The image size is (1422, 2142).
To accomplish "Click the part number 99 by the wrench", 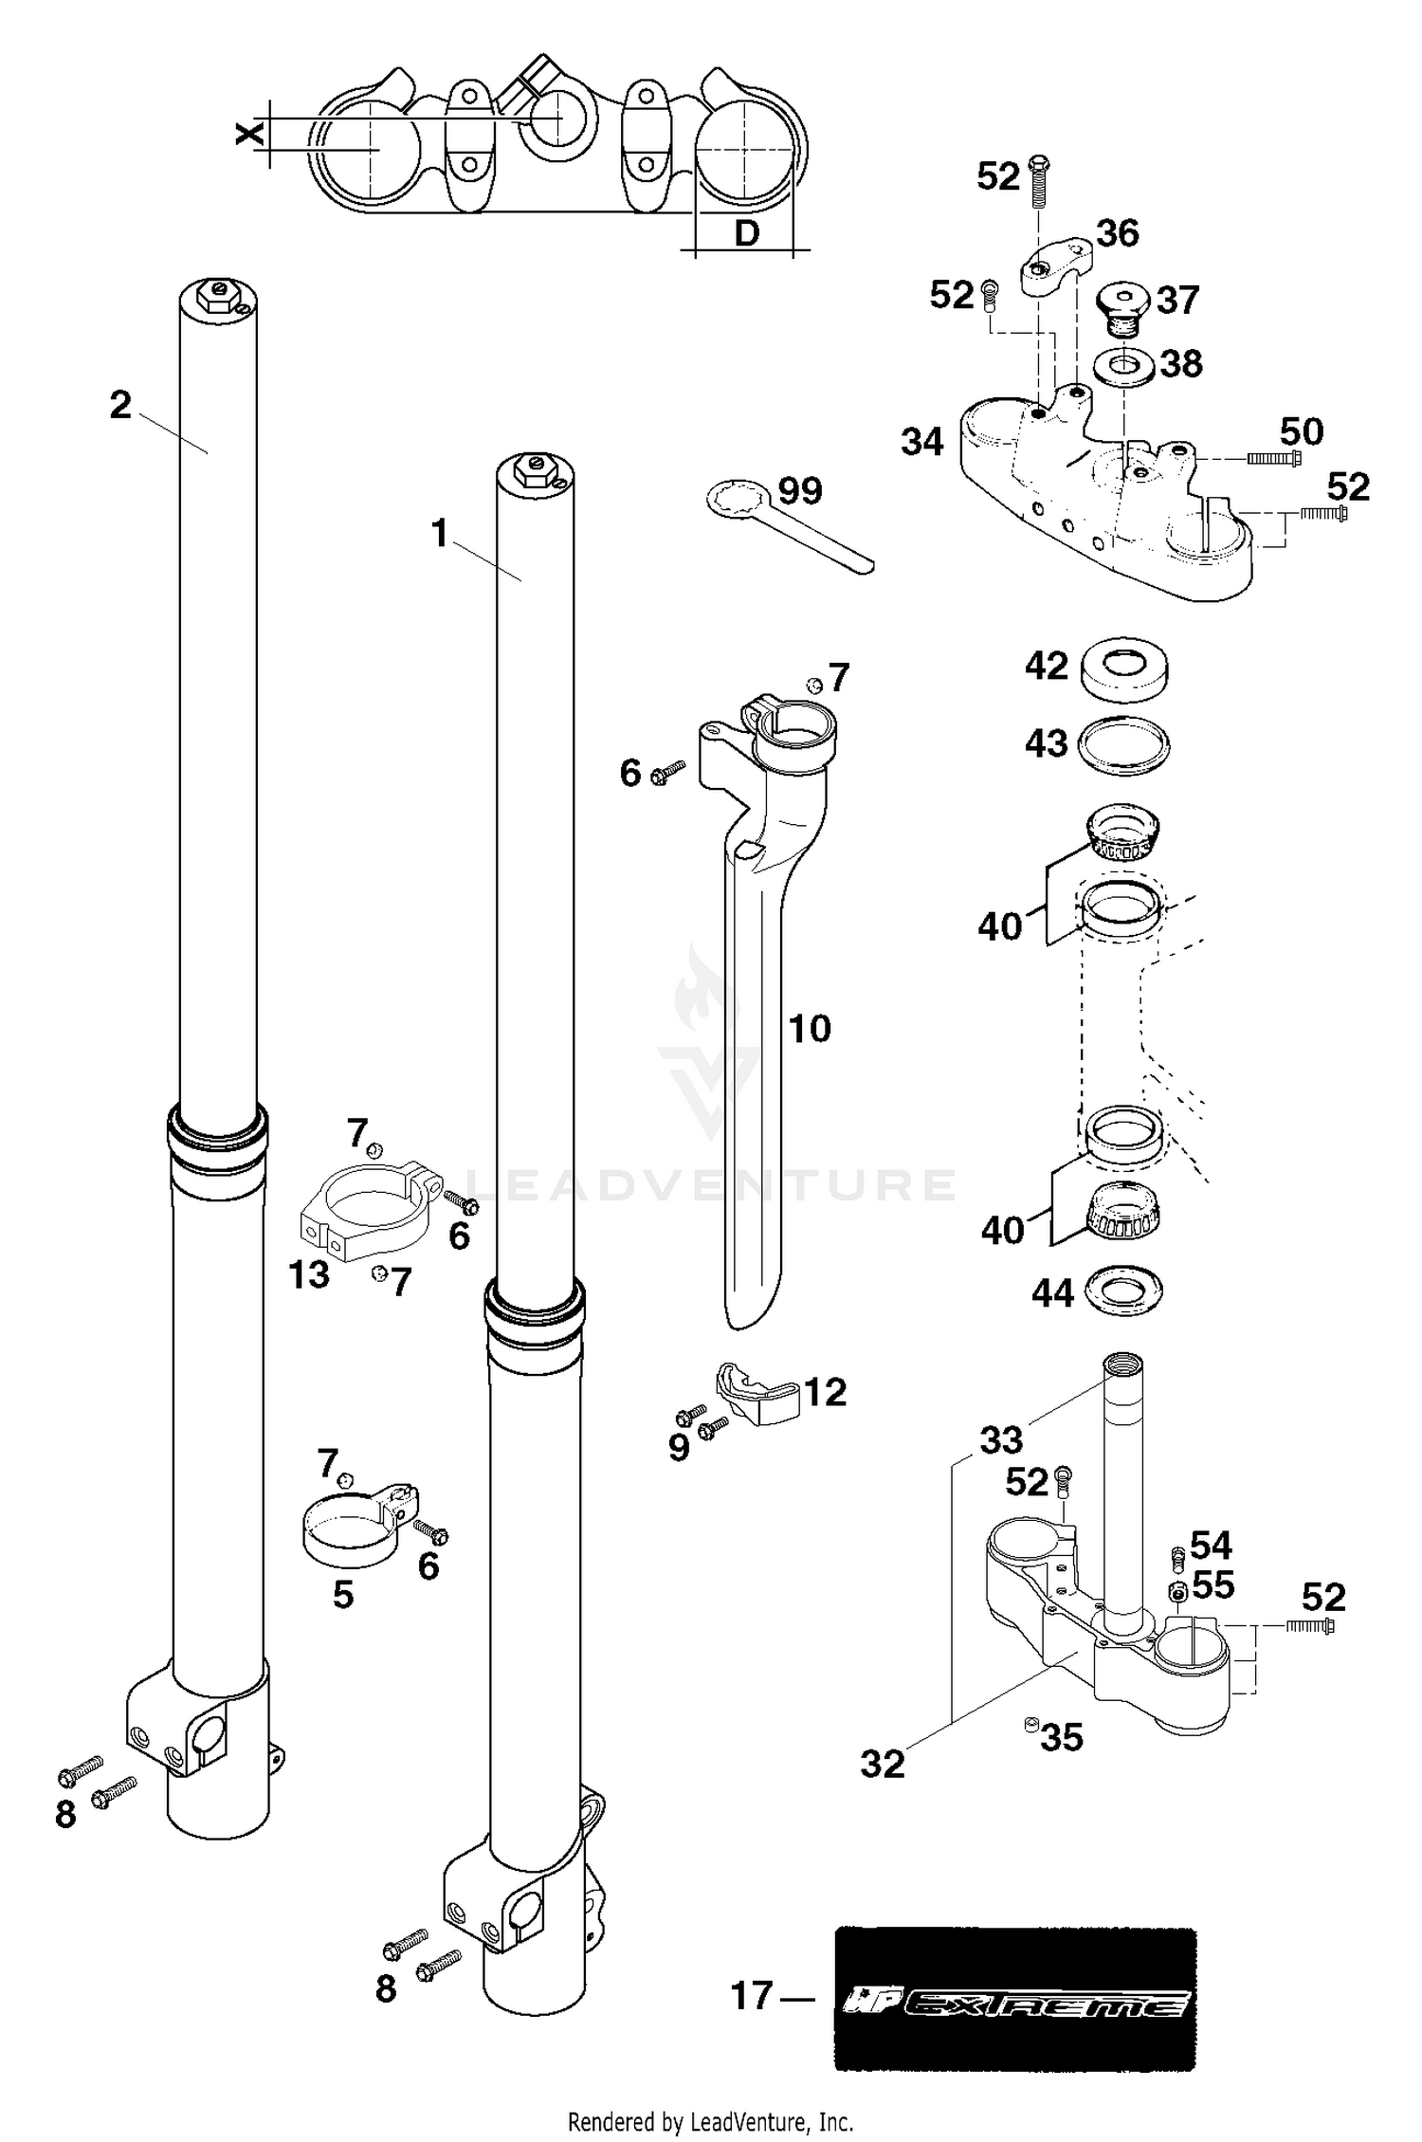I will (800, 490).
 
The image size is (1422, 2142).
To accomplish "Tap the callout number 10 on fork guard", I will (810, 1029).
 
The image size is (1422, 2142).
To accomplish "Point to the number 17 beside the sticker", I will (752, 1996).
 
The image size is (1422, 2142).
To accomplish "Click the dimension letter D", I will (747, 232).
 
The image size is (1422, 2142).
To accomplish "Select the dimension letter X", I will (249, 135).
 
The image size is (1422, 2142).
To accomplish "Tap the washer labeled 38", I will (1124, 364).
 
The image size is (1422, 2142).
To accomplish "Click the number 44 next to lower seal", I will (1052, 1292).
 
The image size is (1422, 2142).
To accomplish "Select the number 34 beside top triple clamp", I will (922, 442).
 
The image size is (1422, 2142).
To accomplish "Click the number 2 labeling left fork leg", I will (120, 405).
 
